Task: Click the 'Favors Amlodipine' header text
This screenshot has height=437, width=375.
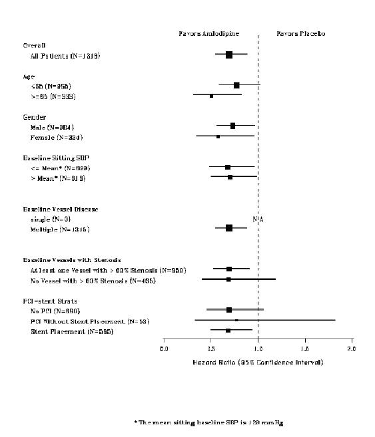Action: tap(208, 33)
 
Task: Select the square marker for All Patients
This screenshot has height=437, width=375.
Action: tap(229, 55)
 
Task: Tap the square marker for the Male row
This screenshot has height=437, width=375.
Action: tap(232, 126)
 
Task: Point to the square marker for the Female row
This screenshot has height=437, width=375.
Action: tap(218, 136)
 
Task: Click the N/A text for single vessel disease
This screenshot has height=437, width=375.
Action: tap(258, 219)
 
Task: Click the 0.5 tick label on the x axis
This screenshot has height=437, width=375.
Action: tap(211, 348)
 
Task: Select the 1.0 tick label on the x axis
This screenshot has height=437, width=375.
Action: tap(258, 348)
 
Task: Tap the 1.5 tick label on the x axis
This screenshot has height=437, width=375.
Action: tap(304, 348)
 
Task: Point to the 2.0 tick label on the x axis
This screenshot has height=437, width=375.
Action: tap(351, 348)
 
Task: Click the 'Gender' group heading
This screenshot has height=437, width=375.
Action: tap(34, 116)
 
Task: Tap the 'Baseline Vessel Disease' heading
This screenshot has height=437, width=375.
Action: tap(61, 209)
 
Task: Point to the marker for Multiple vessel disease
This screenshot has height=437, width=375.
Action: tap(229, 227)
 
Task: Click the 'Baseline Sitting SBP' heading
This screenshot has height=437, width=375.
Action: tap(56, 158)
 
